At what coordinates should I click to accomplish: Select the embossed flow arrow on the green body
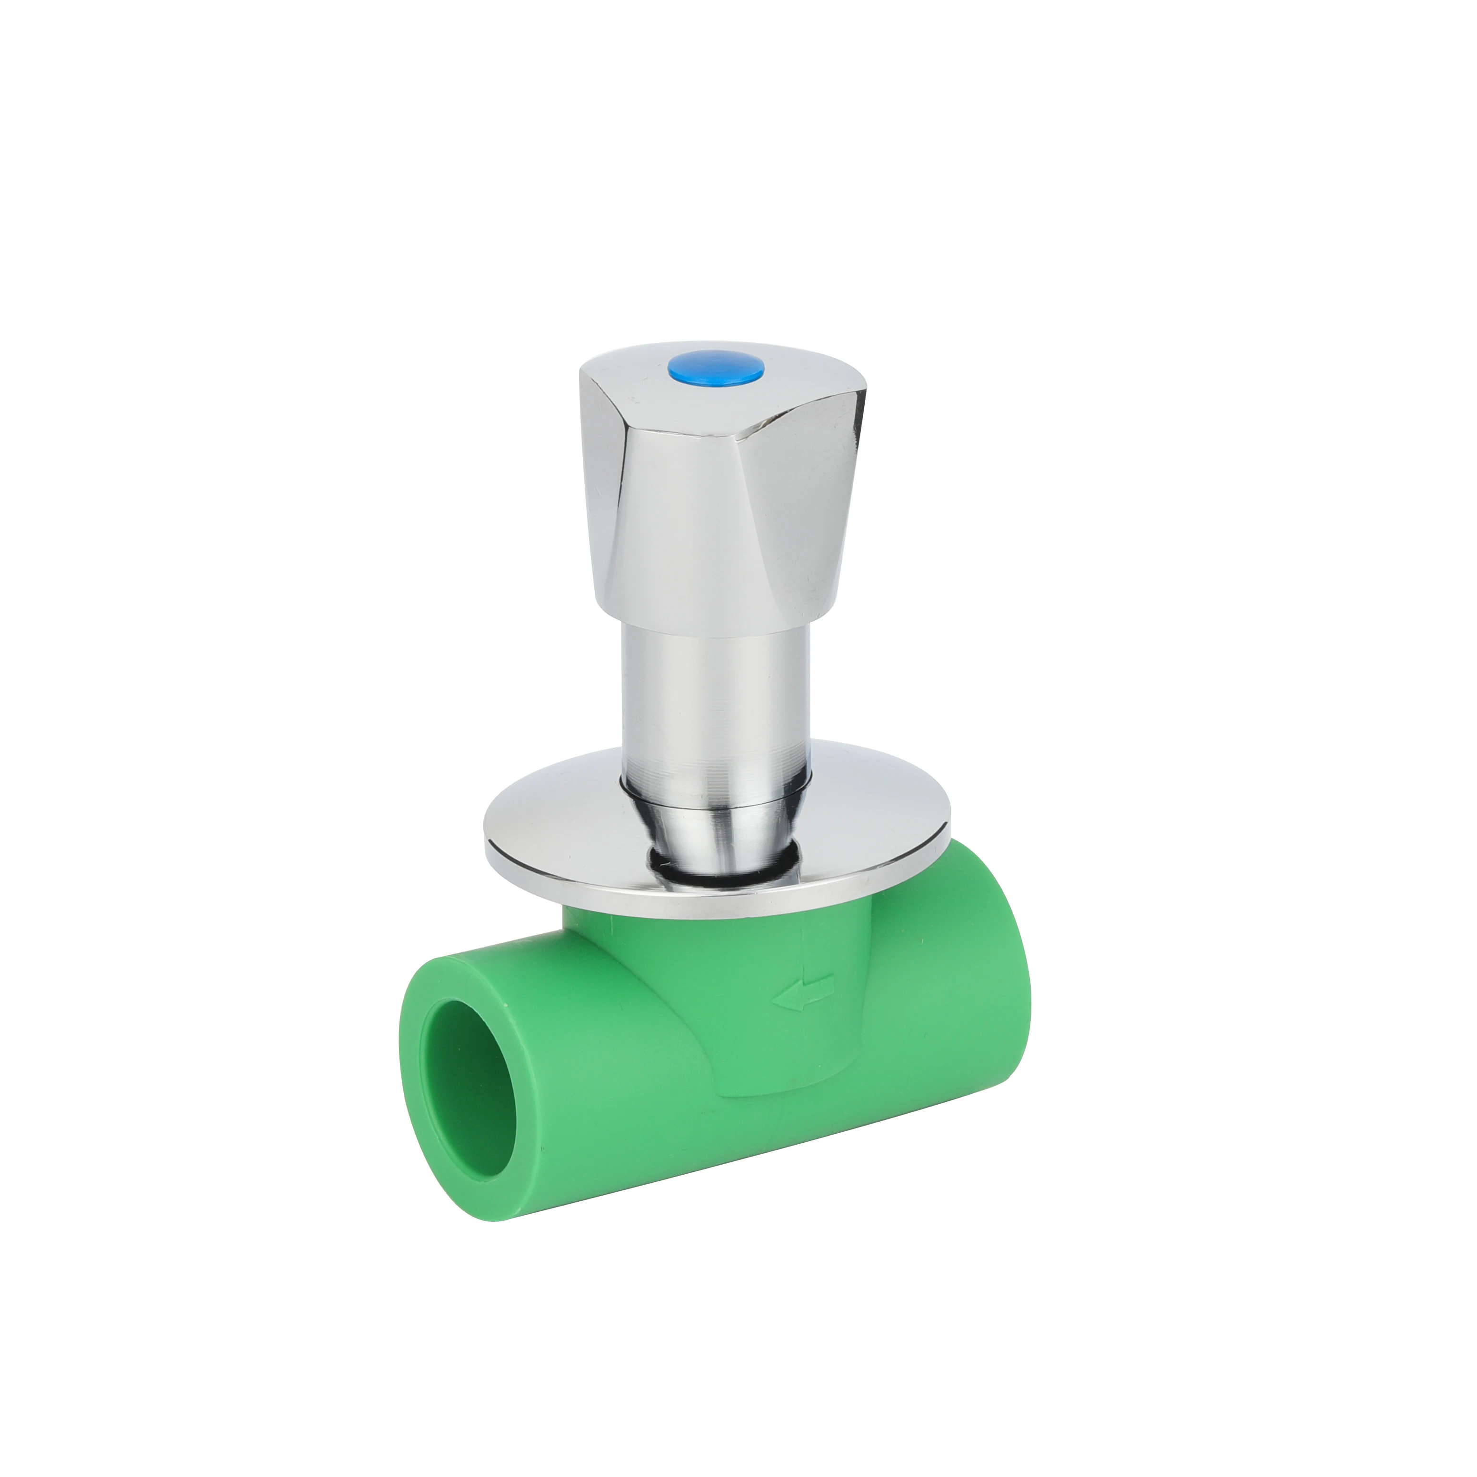click(803, 993)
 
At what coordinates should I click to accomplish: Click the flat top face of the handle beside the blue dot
click(765, 386)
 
